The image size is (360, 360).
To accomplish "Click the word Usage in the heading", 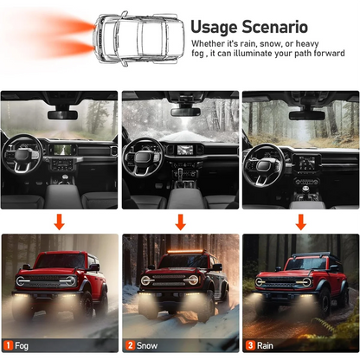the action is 214,28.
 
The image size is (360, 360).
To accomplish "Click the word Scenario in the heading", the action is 274,27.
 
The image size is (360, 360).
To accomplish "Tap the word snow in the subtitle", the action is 270,44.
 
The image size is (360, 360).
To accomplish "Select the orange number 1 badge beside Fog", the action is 8,345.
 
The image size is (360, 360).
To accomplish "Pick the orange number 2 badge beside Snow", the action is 130,345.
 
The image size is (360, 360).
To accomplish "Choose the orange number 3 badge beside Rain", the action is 250,345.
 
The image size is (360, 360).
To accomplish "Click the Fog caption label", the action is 22,345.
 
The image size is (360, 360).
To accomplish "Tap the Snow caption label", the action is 147,345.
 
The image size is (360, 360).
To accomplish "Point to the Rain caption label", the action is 265,345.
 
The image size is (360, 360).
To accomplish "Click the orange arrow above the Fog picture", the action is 60,222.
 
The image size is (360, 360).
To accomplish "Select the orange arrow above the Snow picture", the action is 181,222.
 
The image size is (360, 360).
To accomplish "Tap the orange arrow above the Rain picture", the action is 301,222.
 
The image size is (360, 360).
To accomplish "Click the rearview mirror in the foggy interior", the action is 62,115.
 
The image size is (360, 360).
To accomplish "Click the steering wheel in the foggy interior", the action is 22,154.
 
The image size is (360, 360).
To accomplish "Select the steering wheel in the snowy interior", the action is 142,157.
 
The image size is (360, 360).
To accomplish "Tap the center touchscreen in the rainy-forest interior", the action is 306,164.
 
